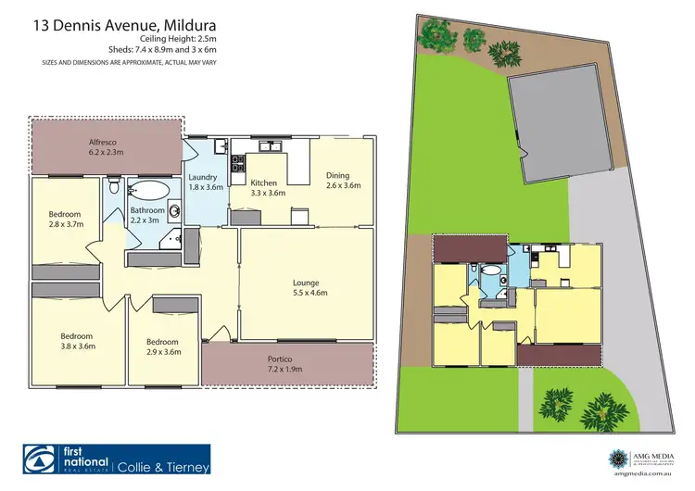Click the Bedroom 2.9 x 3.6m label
tap(164, 346)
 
